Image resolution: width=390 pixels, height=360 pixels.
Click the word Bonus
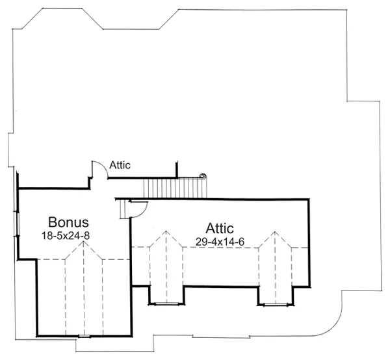(x=68, y=222)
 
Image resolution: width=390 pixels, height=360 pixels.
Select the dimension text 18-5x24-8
(x=66, y=236)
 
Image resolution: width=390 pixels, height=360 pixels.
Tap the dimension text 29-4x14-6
(x=220, y=242)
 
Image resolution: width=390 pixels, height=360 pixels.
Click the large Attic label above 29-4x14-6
(x=220, y=228)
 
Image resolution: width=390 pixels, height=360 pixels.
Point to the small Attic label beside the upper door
(x=120, y=165)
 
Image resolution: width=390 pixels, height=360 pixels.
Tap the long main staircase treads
(x=175, y=188)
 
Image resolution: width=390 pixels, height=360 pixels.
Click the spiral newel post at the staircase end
(x=203, y=176)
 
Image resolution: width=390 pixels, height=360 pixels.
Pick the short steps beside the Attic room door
(x=125, y=209)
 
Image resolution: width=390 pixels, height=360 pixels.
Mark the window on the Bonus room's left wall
(x=18, y=223)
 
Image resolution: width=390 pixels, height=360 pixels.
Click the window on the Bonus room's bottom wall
(x=84, y=337)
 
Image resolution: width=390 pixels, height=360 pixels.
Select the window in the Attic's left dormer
(x=166, y=303)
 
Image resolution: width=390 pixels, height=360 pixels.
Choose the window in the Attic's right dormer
(x=276, y=304)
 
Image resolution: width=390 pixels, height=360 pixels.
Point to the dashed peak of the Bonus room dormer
(x=84, y=242)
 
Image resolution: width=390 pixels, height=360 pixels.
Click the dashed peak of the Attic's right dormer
(x=275, y=232)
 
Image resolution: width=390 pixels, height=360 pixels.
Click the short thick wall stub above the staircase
(x=177, y=170)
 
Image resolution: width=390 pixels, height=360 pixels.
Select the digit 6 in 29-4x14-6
(x=242, y=242)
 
